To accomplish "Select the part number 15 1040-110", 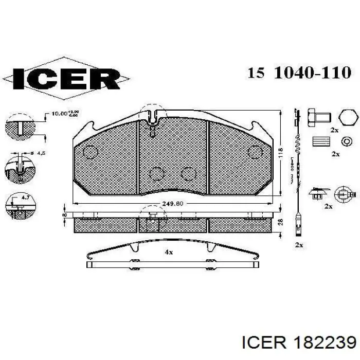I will coord(299,73).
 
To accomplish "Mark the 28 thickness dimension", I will coord(280,222).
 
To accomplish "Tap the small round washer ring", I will coord(348,141).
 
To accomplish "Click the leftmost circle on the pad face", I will coord(91,152).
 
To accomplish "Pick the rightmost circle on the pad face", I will coord(255,152).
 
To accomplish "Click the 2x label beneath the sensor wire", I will coord(299,245).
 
